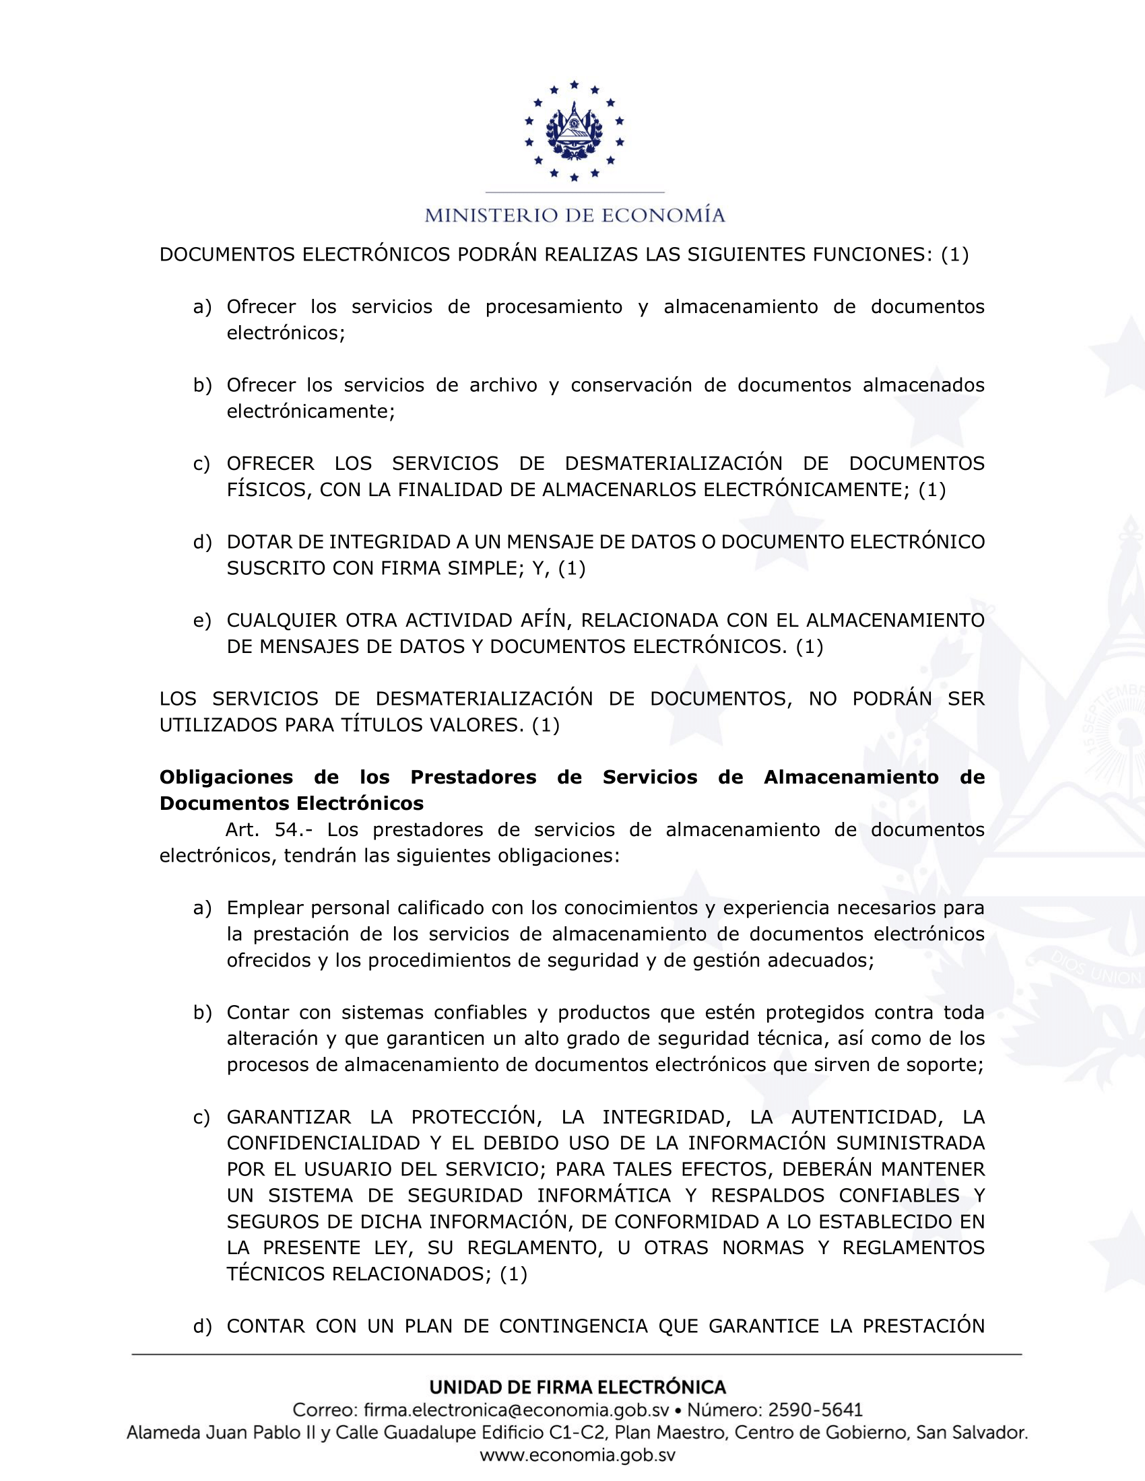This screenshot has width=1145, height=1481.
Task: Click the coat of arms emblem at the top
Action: pyautogui.click(x=574, y=130)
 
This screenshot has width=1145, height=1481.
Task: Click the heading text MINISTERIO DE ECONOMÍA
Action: pyautogui.click(x=575, y=215)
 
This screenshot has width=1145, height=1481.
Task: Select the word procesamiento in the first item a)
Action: pyautogui.click(x=554, y=306)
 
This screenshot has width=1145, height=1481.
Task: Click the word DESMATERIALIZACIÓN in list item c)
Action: pyautogui.click(x=673, y=463)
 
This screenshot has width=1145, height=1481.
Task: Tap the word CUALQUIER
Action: pyautogui.click(x=282, y=620)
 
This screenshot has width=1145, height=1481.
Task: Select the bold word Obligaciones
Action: pyautogui.click(x=226, y=777)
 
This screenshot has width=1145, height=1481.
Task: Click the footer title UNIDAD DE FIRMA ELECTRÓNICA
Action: pyautogui.click(x=577, y=1387)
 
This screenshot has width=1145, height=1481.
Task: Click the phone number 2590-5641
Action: pyautogui.click(x=816, y=1410)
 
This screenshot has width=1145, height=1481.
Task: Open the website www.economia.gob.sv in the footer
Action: pyautogui.click(x=577, y=1455)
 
